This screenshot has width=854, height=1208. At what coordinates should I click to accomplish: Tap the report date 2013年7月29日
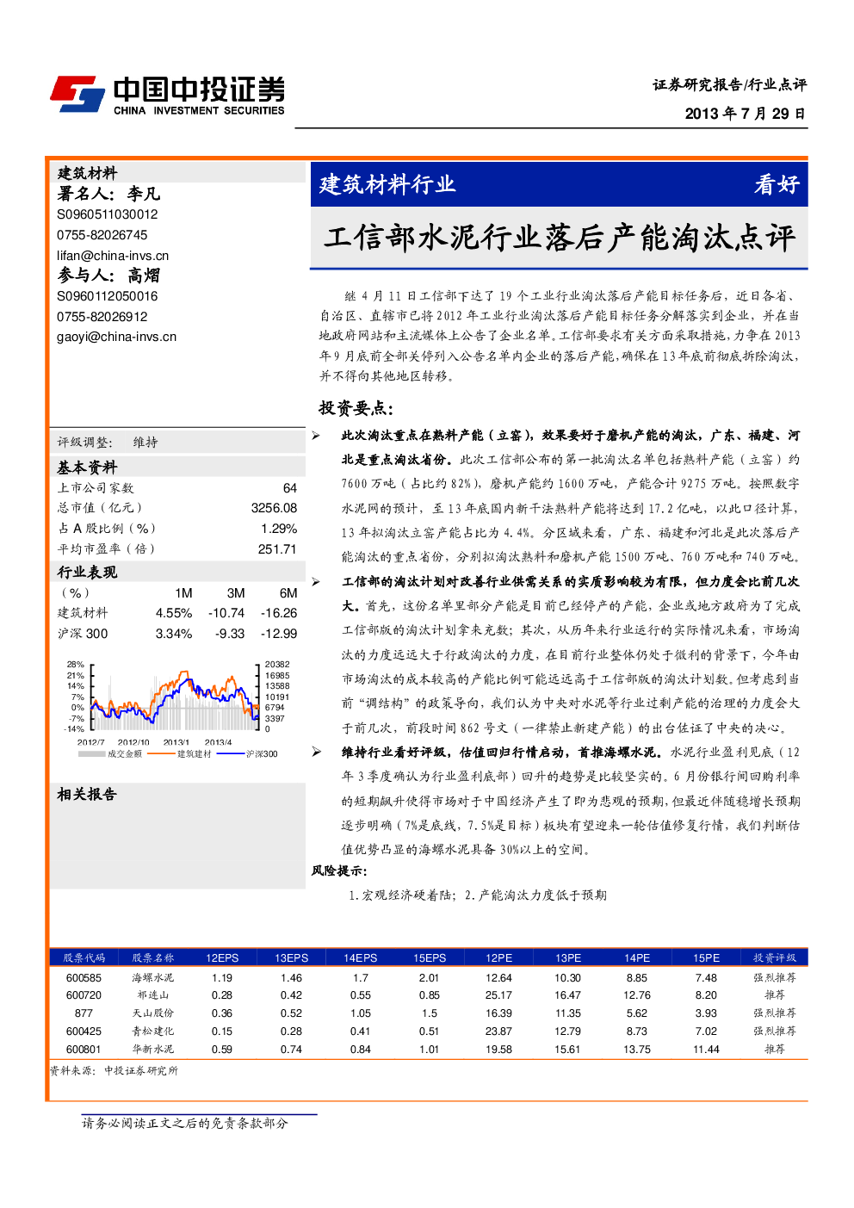745,114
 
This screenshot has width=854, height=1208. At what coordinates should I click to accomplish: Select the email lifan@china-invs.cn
113,256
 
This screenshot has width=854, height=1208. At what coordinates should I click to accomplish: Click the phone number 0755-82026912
102,317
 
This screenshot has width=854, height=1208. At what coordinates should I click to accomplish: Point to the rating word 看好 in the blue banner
777,185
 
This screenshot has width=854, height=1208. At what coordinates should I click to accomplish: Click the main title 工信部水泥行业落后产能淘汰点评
559,238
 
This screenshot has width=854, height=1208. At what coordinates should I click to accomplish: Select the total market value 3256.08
274,508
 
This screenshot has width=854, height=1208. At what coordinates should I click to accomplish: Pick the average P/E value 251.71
277,549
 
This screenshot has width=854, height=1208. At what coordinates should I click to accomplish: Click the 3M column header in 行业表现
236,593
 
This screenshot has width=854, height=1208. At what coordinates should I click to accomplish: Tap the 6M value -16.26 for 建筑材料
279,613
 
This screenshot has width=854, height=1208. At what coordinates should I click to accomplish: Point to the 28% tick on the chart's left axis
76,665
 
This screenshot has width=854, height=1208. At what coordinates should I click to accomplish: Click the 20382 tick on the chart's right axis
277,665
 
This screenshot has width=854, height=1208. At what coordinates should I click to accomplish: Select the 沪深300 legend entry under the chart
247,754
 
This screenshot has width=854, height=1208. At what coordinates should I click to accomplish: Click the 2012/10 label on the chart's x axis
133,742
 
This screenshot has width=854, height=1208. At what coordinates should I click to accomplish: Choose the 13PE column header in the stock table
567,957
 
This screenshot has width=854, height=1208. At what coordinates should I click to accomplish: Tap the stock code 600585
84,978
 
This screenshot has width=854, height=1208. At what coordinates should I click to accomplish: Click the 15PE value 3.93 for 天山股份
706,1013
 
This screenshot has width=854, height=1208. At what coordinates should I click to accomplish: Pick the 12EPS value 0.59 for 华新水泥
221,1050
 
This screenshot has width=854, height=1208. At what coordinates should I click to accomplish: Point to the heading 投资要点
356,408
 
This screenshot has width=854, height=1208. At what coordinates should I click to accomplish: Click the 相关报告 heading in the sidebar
87,794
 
